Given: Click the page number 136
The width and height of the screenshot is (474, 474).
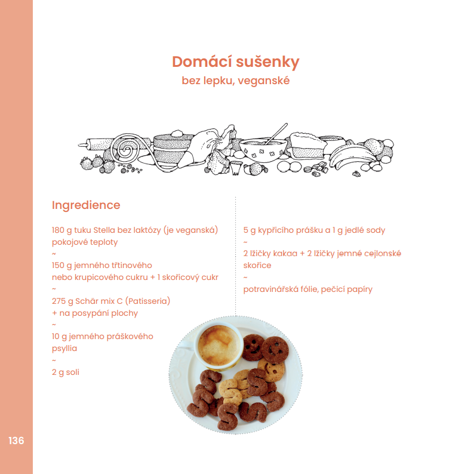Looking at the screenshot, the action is [x=16, y=441].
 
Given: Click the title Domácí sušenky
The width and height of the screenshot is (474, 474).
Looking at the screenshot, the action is [x=235, y=61].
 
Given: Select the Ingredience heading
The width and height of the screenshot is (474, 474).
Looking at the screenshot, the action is [x=86, y=205].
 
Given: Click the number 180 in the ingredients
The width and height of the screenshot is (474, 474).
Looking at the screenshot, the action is [x=58, y=230].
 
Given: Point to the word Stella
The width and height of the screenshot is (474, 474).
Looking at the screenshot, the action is [x=104, y=230].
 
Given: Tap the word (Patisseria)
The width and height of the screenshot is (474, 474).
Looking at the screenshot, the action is [x=147, y=301].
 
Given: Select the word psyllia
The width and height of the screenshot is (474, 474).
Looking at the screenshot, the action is [x=64, y=349].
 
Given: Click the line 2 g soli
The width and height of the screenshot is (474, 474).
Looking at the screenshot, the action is [x=66, y=372].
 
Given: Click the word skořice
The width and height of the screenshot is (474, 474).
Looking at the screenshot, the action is [x=257, y=266].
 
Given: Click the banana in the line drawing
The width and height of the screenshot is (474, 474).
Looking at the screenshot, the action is [x=350, y=156].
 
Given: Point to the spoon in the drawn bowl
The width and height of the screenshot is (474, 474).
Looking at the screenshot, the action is [x=276, y=133].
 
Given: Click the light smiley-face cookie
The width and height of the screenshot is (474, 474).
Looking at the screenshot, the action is [x=272, y=368].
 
